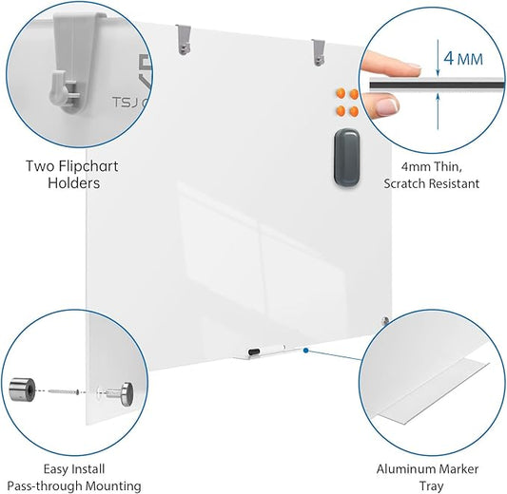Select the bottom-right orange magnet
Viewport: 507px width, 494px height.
(x=353, y=110)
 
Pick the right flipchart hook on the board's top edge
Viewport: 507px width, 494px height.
(x=318, y=52)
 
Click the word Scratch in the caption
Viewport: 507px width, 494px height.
(x=407, y=183)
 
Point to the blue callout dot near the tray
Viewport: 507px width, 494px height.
(x=304, y=350)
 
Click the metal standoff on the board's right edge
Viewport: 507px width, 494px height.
(x=384, y=321)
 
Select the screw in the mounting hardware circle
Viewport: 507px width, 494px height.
(x=65, y=390)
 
